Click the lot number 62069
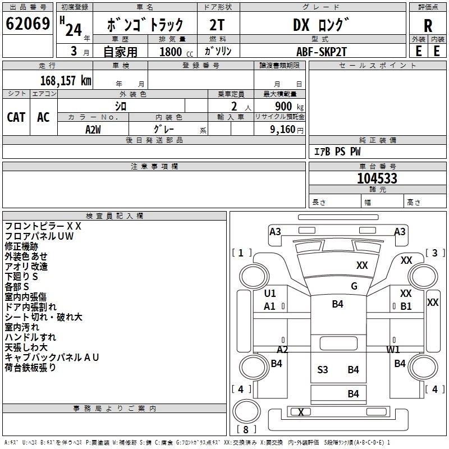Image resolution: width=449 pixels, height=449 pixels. click(x=28, y=24)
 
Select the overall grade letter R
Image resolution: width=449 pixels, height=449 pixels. click(x=428, y=26)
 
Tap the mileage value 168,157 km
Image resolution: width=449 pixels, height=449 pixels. click(x=66, y=80)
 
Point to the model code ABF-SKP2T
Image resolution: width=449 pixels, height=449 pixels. click(x=322, y=52)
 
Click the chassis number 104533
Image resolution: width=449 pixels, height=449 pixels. click(x=377, y=178)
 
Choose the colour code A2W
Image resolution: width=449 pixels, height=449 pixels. click(x=93, y=130)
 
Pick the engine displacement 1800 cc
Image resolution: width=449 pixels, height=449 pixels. click(x=176, y=52)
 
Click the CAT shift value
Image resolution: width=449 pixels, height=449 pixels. click(x=16, y=117)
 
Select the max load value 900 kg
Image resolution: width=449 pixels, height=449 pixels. click(x=289, y=106)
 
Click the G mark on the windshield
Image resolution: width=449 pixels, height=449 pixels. click(x=354, y=286)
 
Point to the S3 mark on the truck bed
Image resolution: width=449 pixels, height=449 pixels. click(x=322, y=370)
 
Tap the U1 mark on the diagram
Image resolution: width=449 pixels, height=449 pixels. click(x=270, y=293)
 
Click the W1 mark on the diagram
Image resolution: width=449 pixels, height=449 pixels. click(x=393, y=349)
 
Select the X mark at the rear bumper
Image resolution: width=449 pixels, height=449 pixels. click(x=301, y=412)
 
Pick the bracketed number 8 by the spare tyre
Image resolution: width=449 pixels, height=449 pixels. click(x=246, y=429)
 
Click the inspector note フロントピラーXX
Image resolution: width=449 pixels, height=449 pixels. click(x=43, y=226)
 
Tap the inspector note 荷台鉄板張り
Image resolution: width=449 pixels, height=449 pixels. click(x=30, y=368)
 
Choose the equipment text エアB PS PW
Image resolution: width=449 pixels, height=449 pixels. click(x=337, y=152)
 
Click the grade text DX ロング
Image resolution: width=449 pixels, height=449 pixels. click(x=321, y=25)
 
